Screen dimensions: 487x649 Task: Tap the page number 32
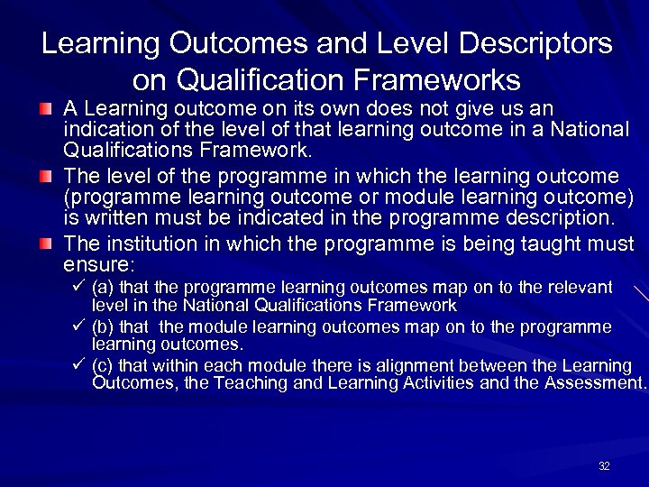coord(604,466)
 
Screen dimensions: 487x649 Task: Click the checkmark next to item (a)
coord(78,287)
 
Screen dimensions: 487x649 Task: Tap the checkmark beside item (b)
coord(78,326)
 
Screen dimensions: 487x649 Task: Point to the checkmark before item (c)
coord(78,365)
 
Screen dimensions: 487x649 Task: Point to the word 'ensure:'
coord(98,265)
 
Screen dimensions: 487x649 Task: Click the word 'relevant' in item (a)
coord(579,288)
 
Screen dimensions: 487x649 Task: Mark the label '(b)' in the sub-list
coord(103,326)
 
